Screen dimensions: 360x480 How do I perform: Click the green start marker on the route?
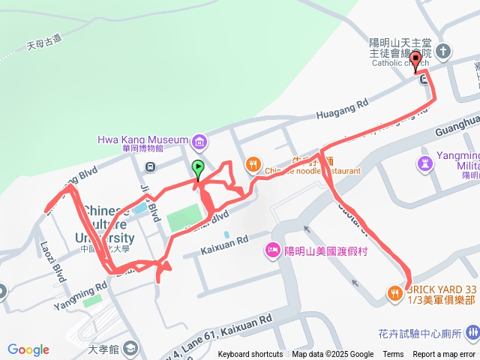click(198, 168)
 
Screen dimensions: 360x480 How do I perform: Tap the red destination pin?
click(416, 61)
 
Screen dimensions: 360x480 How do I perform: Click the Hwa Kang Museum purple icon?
click(199, 140)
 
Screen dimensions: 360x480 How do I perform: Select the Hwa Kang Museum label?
click(142, 139)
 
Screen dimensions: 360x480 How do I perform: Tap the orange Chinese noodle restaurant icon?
click(254, 164)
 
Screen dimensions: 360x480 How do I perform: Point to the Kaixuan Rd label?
click(225, 241)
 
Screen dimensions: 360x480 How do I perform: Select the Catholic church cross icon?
click(444, 52)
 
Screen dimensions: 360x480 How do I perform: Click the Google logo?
click(28, 349)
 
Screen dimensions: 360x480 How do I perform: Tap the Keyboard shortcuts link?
click(250, 355)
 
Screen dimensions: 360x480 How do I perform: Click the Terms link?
click(393, 355)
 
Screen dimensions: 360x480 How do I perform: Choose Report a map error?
click(445, 355)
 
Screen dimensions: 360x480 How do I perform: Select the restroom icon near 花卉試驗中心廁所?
click(471, 332)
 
